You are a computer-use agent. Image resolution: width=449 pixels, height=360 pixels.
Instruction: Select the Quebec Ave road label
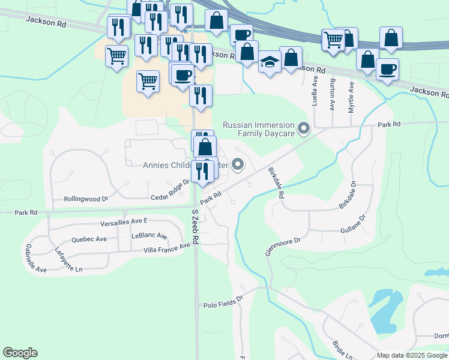click(x=89, y=239)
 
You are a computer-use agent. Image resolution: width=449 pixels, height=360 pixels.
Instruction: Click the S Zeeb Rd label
click(x=195, y=226)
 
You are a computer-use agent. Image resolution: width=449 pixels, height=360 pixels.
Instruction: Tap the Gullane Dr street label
click(x=354, y=226)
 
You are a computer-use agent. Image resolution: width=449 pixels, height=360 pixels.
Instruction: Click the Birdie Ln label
click(x=342, y=350)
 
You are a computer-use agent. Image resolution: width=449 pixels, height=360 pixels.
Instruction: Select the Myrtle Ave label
click(x=352, y=98)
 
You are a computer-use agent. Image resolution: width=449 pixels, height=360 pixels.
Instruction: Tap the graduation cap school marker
click(x=270, y=62)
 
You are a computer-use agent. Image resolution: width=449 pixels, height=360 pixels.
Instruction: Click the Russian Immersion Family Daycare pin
click(x=304, y=128)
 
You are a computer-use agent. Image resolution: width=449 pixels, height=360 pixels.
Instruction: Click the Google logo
click(x=20, y=353)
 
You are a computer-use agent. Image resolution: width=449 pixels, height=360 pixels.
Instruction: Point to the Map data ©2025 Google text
click(x=412, y=355)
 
